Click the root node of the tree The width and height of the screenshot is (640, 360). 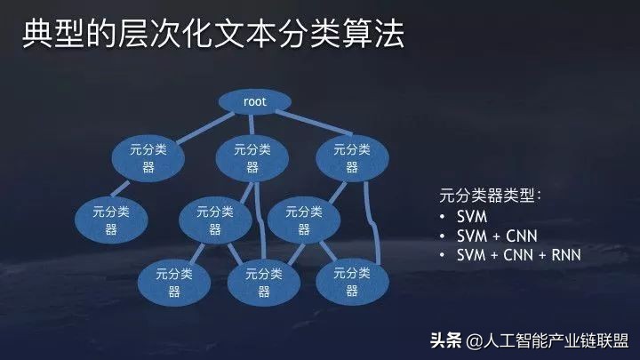[254, 101]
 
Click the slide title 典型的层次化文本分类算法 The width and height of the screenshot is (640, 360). [212, 36]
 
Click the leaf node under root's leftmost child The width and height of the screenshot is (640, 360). [110, 220]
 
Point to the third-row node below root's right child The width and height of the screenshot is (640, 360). [302, 220]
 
